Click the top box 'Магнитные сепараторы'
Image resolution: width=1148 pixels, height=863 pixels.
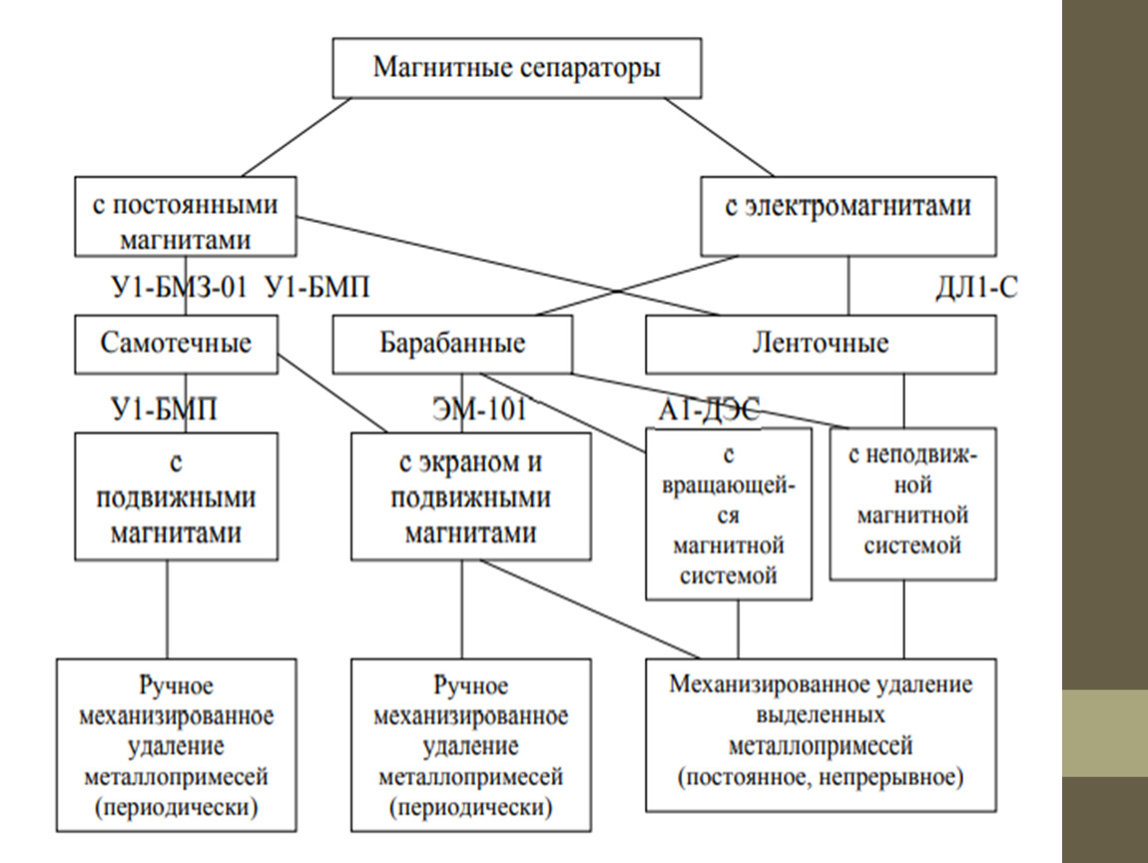point(516,69)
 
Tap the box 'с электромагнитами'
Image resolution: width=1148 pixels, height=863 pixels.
point(848,215)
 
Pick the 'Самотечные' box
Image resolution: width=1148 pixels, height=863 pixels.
point(176,345)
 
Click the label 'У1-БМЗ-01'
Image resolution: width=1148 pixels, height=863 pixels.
point(176,290)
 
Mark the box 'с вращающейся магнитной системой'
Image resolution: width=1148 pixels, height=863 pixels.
point(728,513)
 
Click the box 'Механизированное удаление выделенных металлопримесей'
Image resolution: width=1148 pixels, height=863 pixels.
point(820,732)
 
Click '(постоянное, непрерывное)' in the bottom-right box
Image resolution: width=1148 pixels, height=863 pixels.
point(820,775)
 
